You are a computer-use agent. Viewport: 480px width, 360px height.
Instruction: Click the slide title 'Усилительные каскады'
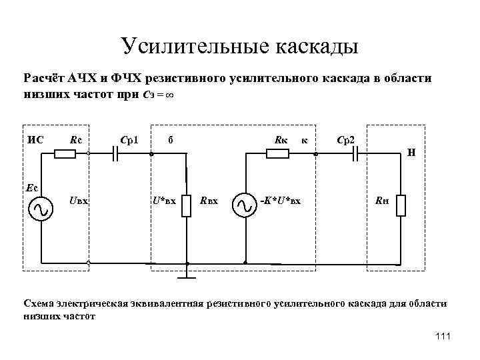coord(240,46)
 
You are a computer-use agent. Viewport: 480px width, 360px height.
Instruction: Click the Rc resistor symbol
coord(65,154)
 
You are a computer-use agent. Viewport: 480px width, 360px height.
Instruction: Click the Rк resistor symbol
coord(277,154)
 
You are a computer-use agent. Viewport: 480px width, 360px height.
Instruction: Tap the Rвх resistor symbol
coord(187,205)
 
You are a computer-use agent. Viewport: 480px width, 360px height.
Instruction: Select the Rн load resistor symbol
coord(400,205)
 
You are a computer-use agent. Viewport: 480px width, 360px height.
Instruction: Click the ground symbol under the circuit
coord(187,274)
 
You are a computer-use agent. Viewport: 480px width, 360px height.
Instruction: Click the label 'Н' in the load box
coord(412,152)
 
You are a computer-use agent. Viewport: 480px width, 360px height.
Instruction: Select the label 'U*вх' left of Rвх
coord(164,200)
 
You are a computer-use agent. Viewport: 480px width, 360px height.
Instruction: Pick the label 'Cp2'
coord(347,140)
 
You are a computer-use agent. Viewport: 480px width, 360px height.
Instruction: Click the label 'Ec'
coord(32,187)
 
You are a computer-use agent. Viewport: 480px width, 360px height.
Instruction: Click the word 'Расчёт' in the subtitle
coord(43,78)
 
